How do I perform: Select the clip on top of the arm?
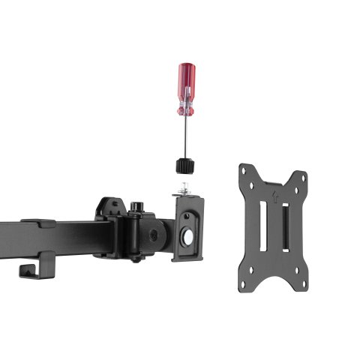(37, 223)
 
